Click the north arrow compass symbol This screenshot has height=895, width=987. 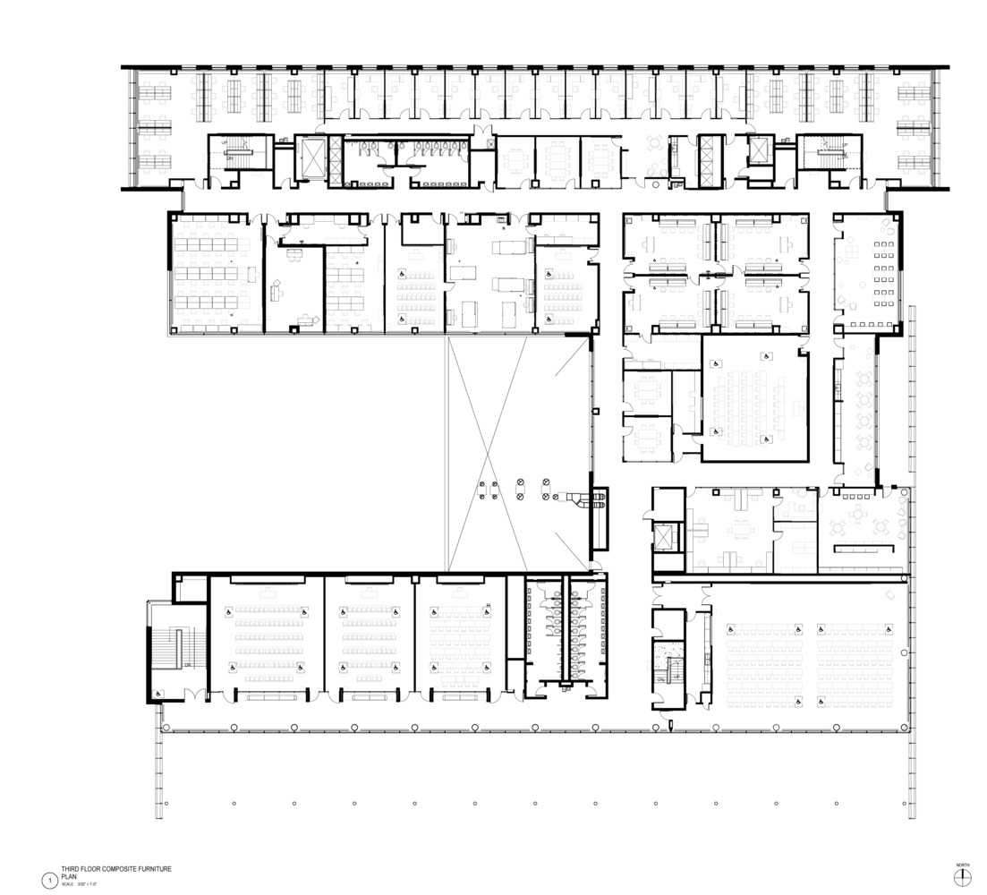tap(963, 882)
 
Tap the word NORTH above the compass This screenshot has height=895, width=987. tap(963, 865)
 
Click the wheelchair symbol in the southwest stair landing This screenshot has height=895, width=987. tap(158, 694)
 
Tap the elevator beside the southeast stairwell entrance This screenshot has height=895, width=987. tap(666, 536)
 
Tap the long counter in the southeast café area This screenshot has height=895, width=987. tap(864, 548)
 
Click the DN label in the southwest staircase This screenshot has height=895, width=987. tap(185, 664)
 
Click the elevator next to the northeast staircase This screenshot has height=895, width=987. tap(758, 150)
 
